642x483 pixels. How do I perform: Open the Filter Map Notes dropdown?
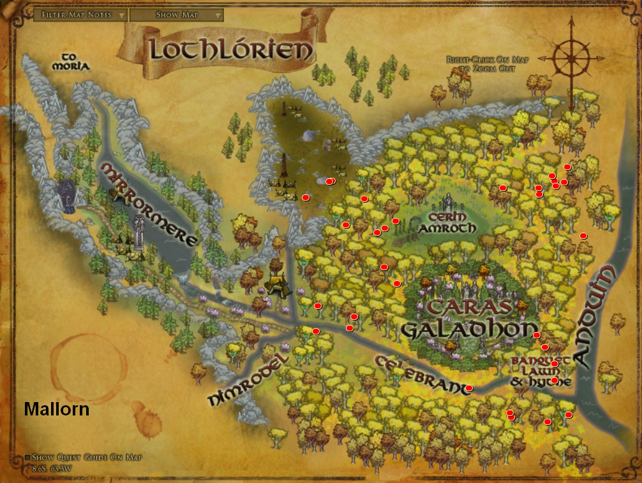point(80,15)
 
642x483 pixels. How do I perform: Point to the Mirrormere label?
point(148,203)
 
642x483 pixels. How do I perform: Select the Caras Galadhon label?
point(470,319)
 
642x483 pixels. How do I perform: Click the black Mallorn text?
point(56,409)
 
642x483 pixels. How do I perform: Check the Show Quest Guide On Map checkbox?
point(27,458)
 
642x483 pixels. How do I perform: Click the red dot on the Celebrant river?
point(469,388)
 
